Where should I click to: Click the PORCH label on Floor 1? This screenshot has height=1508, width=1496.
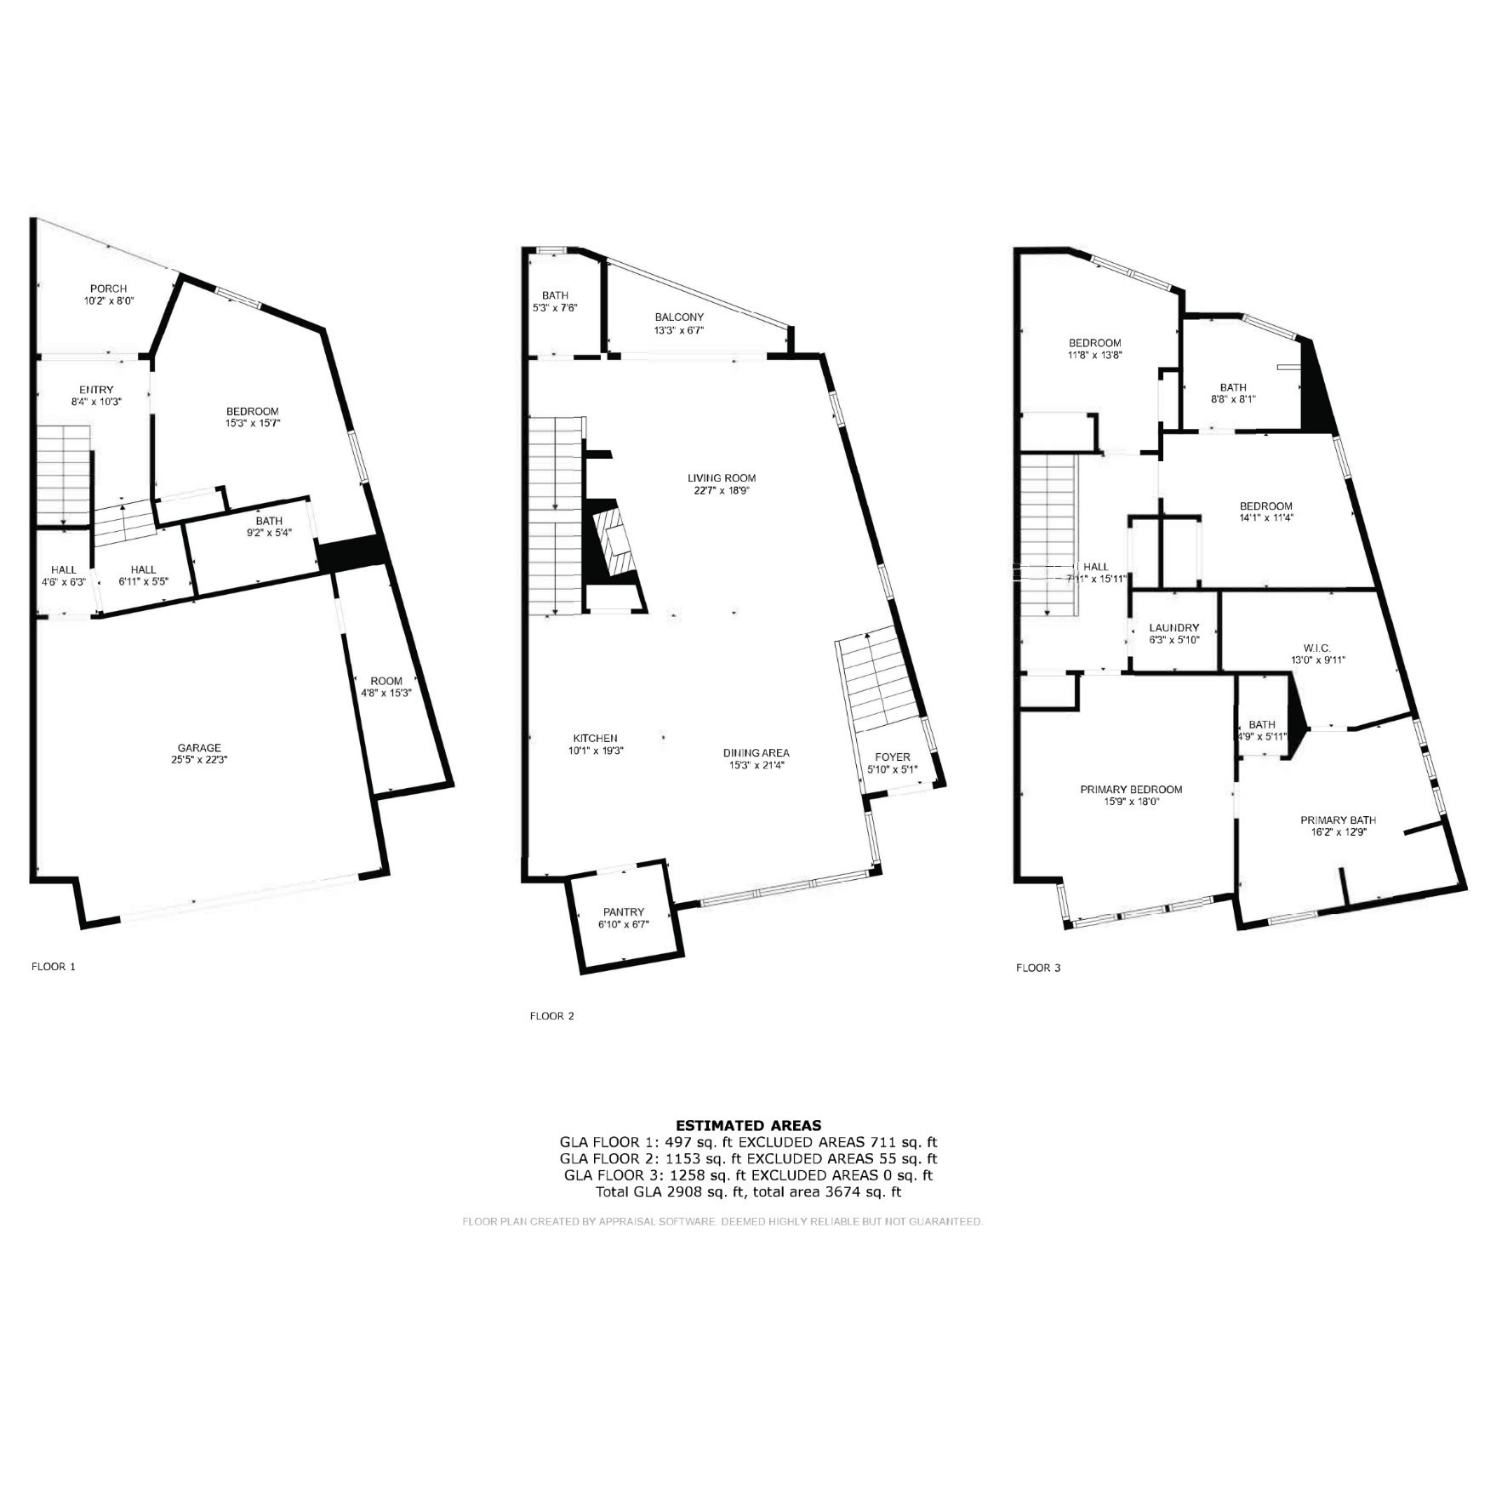pyautogui.click(x=108, y=288)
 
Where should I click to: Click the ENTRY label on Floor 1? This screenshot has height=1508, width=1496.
pyautogui.click(x=96, y=390)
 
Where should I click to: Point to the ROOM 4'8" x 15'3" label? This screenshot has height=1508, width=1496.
pyautogui.click(x=385, y=687)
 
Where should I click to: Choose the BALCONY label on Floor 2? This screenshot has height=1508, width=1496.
pyautogui.click(x=679, y=317)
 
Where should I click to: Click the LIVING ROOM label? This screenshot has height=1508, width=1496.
pyautogui.click(x=722, y=478)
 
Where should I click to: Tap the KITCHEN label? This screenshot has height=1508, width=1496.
pyautogui.click(x=595, y=738)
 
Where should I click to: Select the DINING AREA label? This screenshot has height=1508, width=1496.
pyautogui.click(x=756, y=752)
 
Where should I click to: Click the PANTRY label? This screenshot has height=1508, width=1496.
pyautogui.click(x=624, y=912)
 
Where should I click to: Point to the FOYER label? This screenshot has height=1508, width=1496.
pyautogui.click(x=892, y=757)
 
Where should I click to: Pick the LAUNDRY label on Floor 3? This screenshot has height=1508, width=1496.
pyautogui.click(x=1173, y=627)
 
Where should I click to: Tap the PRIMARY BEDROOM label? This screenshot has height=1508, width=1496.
pyautogui.click(x=1131, y=789)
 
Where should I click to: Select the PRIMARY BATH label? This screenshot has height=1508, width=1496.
pyautogui.click(x=1338, y=820)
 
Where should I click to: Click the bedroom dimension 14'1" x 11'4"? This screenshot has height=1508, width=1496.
pyautogui.click(x=1266, y=517)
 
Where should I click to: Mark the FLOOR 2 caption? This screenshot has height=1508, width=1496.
pyautogui.click(x=551, y=1015)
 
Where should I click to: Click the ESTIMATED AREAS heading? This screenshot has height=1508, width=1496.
pyautogui.click(x=748, y=1125)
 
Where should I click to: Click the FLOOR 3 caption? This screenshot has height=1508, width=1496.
pyautogui.click(x=1038, y=968)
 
